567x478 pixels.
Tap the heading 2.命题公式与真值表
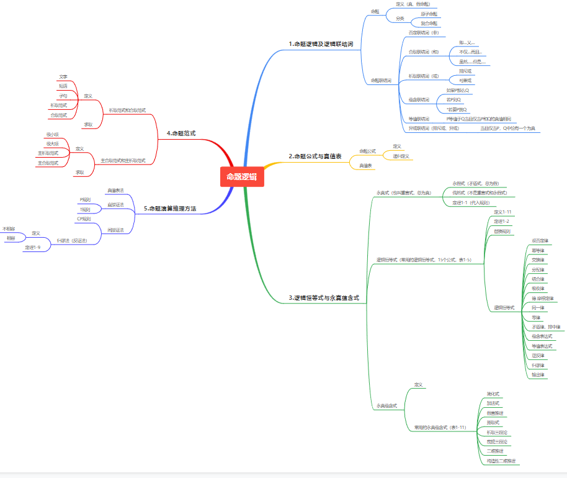point(315,156)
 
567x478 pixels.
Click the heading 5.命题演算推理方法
point(170,209)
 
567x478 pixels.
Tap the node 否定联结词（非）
point(424,32)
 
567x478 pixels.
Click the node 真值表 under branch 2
point(366,166)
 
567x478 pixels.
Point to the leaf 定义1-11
point(502,212)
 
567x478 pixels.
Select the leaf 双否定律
point(540,240)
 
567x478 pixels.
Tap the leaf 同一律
point(538,307)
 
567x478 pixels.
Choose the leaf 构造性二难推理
point(501,461)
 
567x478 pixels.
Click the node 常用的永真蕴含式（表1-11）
point(440,427)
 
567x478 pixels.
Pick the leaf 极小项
point(53,134)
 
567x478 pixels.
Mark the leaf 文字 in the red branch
point(63,76)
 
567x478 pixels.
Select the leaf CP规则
point(84,219)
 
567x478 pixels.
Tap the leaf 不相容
point(9,228)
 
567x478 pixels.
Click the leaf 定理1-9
point(33,247)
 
